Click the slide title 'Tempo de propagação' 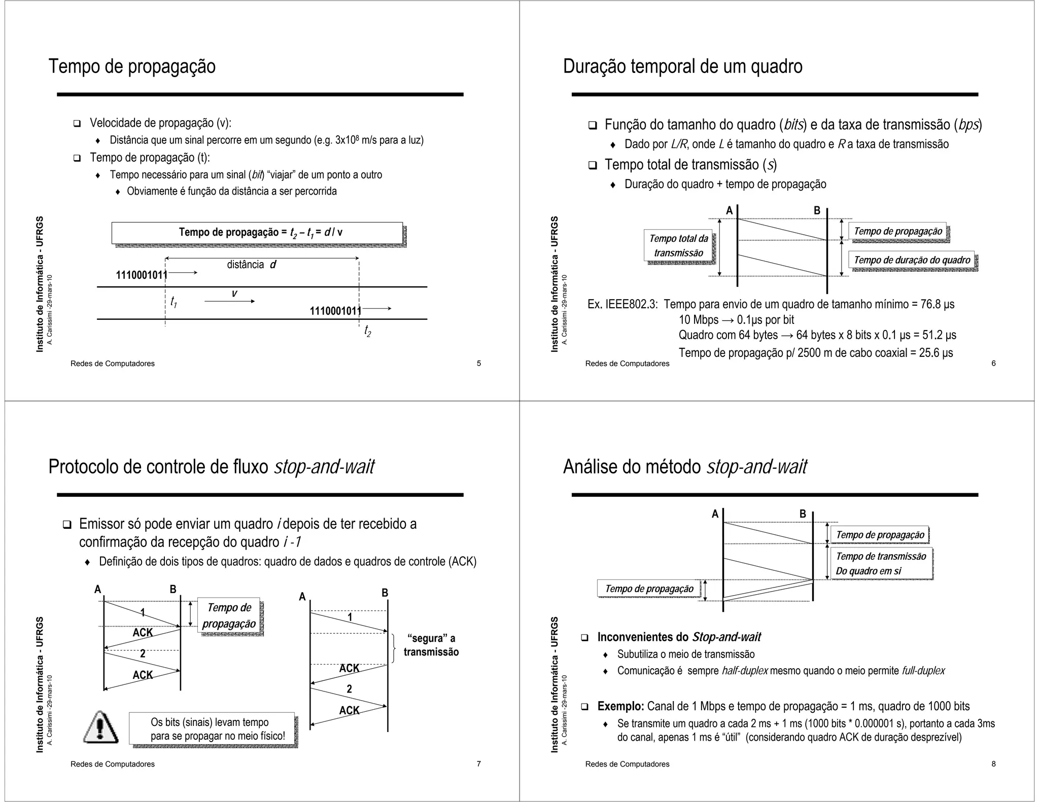pos(132,67)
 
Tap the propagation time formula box pos(257,233)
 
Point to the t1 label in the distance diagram pos(174,302)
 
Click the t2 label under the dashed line pos(367,332)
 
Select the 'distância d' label pos(252,265)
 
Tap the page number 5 pos(478,363)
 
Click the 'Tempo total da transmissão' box pos(678,246)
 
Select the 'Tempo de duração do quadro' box pos(912,260)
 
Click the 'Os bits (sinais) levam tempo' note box pos(212,728)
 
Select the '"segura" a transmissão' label pos(431,645)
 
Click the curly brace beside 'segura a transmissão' pos(394,648)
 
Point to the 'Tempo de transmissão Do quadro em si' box pos(881,563)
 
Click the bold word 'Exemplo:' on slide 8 pos(620,706)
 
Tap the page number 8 pos(993,764)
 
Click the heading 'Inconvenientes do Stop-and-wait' pos(679,637)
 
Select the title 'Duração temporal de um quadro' pos(682,67)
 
